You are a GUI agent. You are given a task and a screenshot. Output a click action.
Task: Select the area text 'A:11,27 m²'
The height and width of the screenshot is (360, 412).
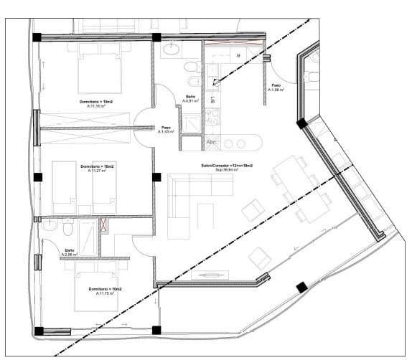click(97, 171)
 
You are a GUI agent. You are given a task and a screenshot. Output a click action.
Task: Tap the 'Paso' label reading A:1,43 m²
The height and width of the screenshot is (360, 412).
click(166, 131)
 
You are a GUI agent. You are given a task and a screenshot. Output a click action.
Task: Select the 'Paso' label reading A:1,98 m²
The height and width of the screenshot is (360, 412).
click(276, 89)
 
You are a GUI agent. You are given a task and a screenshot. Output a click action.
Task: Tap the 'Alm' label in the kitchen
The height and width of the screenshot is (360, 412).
click(212, 143)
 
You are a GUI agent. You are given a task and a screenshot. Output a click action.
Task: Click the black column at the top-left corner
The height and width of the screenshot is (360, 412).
click(38, 37)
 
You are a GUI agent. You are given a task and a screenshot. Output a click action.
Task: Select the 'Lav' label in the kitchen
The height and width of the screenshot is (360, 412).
click(213, 100)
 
